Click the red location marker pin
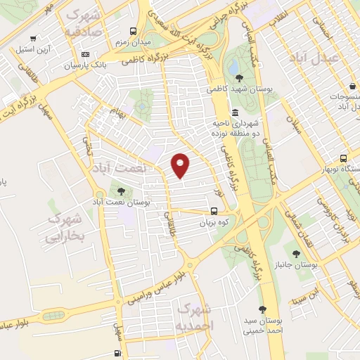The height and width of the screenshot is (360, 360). [x=181, y=165]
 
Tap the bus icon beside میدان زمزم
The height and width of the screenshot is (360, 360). [x=134, y=32]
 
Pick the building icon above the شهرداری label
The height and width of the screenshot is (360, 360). [x=234, y=112]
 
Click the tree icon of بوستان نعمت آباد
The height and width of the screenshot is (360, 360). [x=121, y=191]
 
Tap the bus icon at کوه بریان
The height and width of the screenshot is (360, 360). [x=214, y=210]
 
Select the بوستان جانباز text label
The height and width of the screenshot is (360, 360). [x=295, y=264]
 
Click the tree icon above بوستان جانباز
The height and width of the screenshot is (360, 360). [x=295, y=254]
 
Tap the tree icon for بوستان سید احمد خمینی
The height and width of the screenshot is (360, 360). [x=262, y=310]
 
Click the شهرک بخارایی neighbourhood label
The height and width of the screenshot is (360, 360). [x=63, y=229]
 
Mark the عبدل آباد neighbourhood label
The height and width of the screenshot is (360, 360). [x=333, y=56]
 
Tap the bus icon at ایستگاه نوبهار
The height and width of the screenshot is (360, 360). [x=343, y=158]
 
